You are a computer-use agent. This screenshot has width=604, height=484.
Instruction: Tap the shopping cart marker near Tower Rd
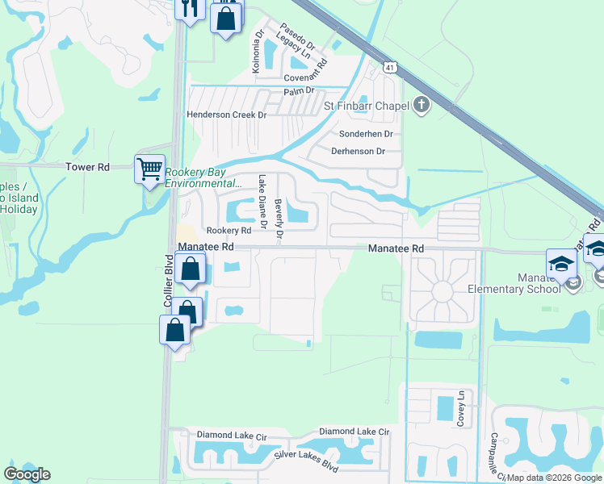pos(149,170)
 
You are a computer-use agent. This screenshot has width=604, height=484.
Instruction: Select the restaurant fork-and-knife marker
pos(189,10)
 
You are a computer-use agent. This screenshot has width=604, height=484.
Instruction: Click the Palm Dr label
pos(298,91)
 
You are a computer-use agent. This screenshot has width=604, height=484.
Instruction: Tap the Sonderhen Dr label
pos(366,134)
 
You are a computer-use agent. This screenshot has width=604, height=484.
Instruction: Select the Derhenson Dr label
pos(359,151)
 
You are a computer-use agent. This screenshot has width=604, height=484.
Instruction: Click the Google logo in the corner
pos(27,474)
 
